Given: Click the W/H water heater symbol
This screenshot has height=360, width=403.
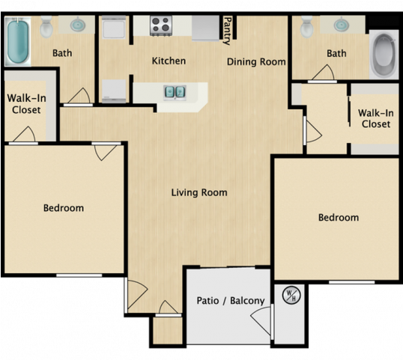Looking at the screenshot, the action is (x=291, y=296).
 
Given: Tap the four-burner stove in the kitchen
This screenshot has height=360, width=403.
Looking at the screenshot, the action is (x=161, y=25).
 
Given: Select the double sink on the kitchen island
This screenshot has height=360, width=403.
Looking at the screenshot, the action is (x=175, y=91).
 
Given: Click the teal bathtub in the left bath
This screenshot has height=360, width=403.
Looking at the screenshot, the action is (x=17, y=41).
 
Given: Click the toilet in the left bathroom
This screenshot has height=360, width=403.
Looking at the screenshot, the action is (x=46, y=27).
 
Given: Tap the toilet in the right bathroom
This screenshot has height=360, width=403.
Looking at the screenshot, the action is (x=307, y=27).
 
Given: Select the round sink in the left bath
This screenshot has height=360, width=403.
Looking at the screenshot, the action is (x=78, y=25).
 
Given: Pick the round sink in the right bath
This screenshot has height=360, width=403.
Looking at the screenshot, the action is (x=342, y=25).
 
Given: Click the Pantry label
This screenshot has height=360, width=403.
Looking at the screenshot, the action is (x=227, y=31).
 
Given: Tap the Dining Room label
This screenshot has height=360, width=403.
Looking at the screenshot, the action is (x=256, y=62).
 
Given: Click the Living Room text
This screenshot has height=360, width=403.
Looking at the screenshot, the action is (x=199, y=192).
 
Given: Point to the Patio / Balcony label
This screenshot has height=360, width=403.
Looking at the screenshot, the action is (x=231, y=300).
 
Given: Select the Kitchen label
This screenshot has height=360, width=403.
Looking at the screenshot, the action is (x=169, y=61).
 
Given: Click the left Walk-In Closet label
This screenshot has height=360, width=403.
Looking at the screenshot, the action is (x=26, y=104).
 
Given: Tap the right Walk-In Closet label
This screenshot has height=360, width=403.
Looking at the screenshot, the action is (x=376, y=118).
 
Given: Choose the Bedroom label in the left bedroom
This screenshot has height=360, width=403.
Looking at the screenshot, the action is (x=64, y=208).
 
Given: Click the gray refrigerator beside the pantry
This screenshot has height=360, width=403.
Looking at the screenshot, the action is (x=205, y=28).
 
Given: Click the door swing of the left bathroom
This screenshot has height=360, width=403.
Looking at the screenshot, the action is (x=79, y=96).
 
